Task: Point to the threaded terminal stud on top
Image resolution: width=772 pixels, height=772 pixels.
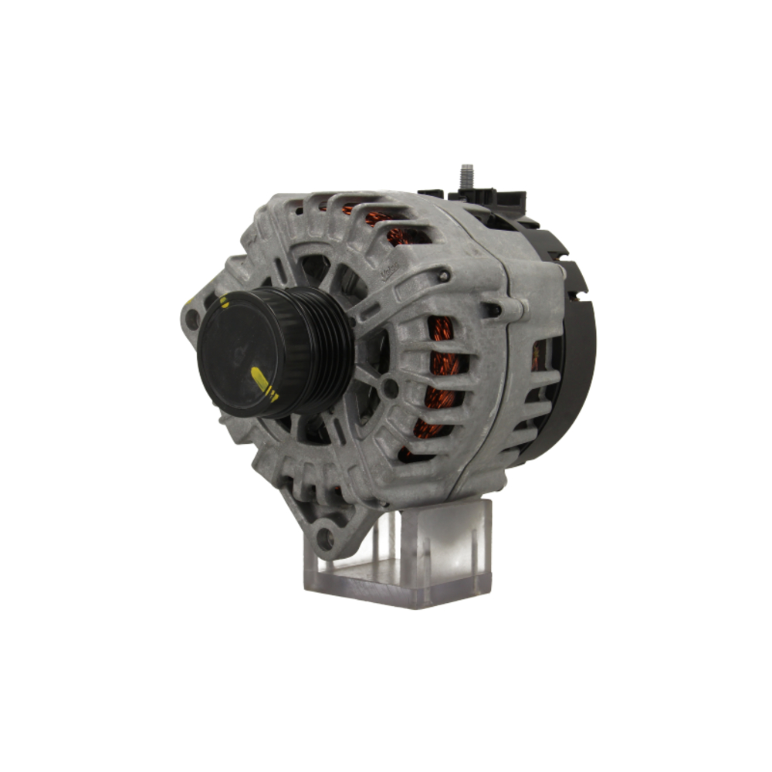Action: pyautogui.click(x=466, y=177)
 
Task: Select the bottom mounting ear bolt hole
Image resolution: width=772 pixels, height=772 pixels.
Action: pyautogui.click(x=326, y=539)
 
